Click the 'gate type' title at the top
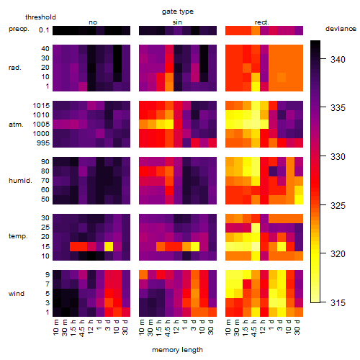point(178,12)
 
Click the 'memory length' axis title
point(177,350)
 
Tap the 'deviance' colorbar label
point(341,29)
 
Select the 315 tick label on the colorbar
point(338,302)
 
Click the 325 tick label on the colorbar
point(338,205)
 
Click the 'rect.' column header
point(262,22)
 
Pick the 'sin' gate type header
point(177,22)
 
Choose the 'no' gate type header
point(93,22)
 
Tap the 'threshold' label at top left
point(40,17)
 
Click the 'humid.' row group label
point(20,181)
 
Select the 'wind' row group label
point(17,294)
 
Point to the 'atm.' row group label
point(16,125)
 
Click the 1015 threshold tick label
point(41,106)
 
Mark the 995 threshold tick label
point(43,143)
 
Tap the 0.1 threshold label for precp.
point(44,30)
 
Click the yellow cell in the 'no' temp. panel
point(109,246)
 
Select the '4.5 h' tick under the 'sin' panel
point(168,328)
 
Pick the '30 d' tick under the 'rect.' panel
point(297,327)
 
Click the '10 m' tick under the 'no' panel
point(55,327)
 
